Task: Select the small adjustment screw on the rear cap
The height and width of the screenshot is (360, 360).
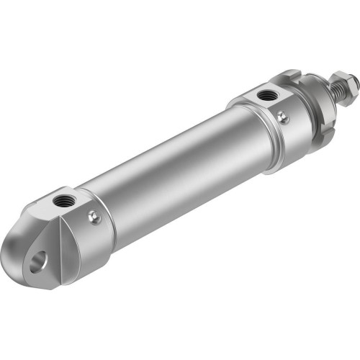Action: tap(93, 216)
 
